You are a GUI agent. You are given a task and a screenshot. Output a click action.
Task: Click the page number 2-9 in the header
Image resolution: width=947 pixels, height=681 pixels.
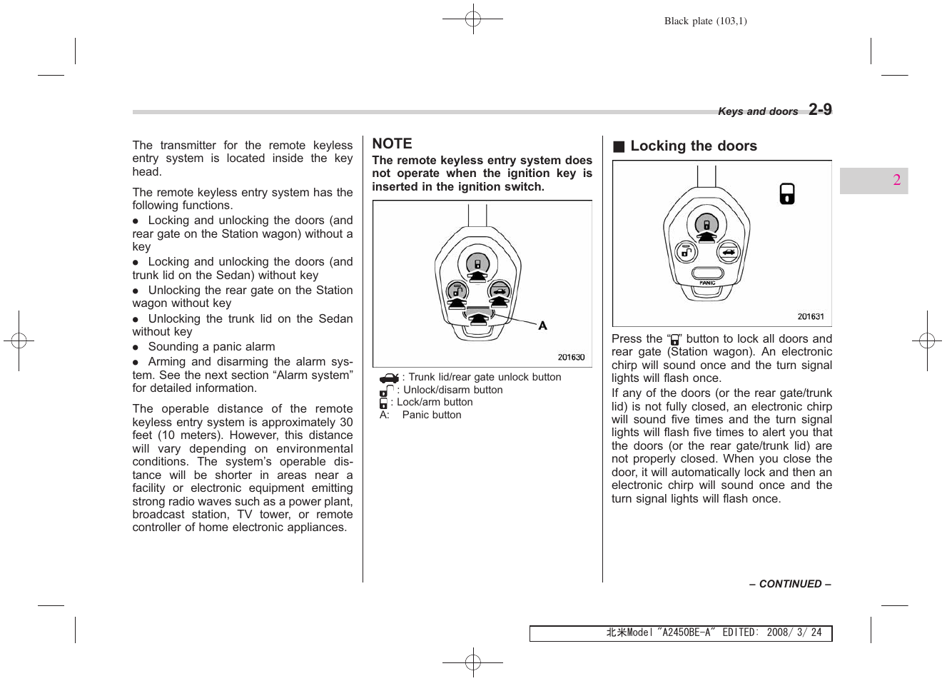coord(820,109)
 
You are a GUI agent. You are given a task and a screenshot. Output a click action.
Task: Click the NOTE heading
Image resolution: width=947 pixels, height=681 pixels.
coord(392,143)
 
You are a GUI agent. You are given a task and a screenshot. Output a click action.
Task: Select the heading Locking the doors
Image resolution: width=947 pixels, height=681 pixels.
coord(693,146)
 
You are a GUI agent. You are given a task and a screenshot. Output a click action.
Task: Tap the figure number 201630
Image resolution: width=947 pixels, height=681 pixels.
coord(571,358)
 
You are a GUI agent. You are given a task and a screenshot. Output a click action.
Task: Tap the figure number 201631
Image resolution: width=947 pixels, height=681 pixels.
coord(810,317)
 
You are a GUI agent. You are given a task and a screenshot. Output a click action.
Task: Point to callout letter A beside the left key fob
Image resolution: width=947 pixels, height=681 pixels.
coord(542,326)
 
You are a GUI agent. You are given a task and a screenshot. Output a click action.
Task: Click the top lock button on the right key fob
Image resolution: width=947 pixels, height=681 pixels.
coord(707,226)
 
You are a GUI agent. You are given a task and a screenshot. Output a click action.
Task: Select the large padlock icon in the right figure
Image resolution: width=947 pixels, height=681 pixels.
coord(786,194)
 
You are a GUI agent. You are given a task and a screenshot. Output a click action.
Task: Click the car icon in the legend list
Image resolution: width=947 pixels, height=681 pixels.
coord(389,378)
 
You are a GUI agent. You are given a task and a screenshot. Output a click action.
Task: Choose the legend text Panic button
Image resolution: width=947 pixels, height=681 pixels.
coord(431,415)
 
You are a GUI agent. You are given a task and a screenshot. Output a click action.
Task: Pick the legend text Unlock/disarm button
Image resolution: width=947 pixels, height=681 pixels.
coord(452,390)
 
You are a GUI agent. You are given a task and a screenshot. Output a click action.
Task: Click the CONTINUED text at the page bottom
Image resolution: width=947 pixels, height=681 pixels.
coord(790,584)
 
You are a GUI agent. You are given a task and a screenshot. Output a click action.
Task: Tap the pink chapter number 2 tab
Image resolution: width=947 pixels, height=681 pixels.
coord(896,180)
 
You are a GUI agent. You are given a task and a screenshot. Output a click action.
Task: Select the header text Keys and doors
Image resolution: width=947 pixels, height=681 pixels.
coord(757,111)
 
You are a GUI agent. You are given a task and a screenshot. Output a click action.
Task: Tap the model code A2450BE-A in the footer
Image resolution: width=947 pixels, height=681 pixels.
coord(685,633)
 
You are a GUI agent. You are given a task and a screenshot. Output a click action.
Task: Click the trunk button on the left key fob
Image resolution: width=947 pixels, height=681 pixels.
coord(499,291)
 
